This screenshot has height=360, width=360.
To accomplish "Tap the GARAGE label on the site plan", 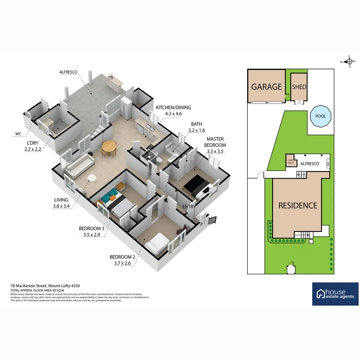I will (266, 87).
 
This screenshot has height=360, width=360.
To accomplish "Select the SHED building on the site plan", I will (299, 87).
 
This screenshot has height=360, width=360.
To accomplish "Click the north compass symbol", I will (349, 61).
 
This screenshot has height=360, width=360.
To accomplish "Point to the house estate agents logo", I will (335, 294).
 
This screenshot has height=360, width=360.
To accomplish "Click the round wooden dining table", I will (109, 146).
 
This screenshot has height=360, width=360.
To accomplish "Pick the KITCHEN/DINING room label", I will (173, 107).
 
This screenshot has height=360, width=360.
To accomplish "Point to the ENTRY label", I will (189, 207).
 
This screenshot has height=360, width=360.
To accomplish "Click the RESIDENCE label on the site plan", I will (298, 205).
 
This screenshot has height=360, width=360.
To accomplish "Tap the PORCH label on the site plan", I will (298, 235).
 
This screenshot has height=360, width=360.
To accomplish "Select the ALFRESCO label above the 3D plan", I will (68, 72).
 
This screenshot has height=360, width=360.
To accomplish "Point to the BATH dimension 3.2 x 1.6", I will (197, 131).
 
